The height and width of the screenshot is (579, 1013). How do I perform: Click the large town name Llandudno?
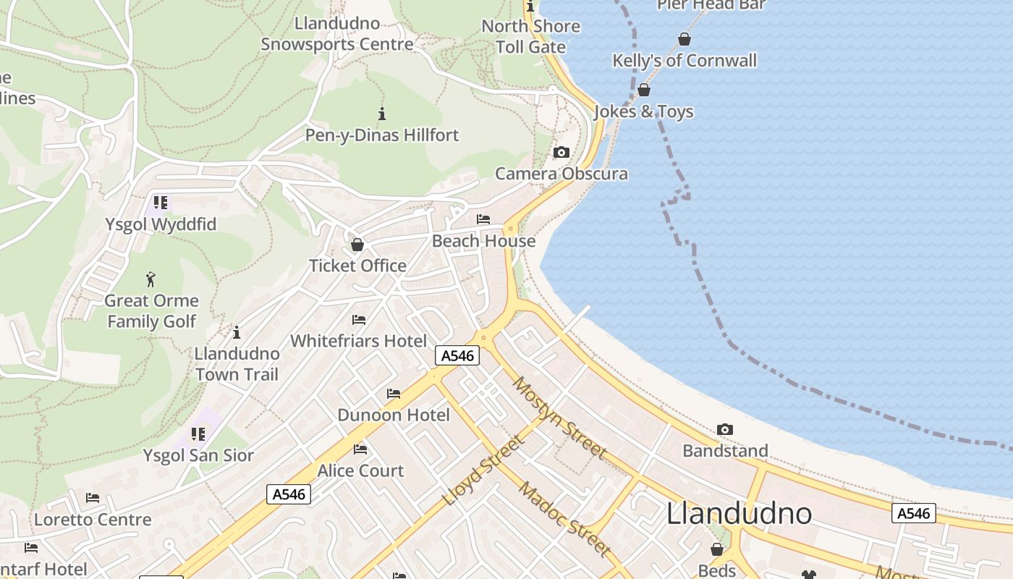click(x=739, y=513)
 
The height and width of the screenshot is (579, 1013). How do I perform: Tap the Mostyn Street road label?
click(x=559, y=417)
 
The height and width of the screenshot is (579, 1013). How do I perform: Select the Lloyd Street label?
click(x=483, y=470)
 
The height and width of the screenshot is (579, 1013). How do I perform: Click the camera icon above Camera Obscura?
click(x=561, y=153)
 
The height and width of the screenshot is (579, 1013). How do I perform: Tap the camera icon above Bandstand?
click(x=725, y=430)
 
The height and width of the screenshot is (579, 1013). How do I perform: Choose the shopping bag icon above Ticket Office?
click(x=357, y=245)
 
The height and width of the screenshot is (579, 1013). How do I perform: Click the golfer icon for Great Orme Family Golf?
click(x=151, y=279)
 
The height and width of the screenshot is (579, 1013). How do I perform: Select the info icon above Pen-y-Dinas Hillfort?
click(x=382, y=114)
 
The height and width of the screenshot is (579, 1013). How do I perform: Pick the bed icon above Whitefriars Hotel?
click(x=359, y=320)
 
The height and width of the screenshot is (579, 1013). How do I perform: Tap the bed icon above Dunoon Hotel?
click(x=394, y=394)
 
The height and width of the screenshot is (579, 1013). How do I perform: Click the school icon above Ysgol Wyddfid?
click(x=161, y=203)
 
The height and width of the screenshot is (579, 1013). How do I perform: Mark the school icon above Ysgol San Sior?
click(x=198, y=434)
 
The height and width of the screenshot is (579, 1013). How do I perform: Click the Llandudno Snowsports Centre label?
click(x=337, y=34)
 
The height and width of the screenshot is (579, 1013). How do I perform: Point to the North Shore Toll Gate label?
click(x=530, y=36)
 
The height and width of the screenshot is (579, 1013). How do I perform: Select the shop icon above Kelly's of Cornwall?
click(x=684, y=39)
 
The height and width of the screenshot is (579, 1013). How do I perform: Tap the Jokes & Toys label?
click(x=644, y=111)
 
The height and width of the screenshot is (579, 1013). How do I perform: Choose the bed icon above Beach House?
click(x=483, y=219)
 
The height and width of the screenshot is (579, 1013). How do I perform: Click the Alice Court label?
click(x=360, y=470)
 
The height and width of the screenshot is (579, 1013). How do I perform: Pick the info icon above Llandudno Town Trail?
click(x=236, y=332)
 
